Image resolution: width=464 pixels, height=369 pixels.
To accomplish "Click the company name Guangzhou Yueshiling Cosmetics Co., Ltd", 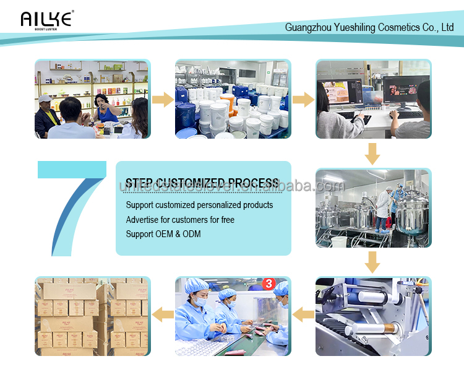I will (369, 27).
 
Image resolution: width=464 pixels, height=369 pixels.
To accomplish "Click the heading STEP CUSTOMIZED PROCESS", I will (202, 183).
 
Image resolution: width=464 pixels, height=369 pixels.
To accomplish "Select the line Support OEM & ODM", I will (163, 234).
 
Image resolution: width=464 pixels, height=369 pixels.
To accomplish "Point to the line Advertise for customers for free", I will (180, 220).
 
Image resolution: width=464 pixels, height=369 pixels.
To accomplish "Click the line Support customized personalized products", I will (199, 205).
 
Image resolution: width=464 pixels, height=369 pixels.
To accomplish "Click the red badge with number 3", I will (269, 284).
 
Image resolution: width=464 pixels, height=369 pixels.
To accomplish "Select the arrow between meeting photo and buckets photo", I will (162, 99).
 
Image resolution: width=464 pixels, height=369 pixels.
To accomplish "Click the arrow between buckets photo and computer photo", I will (303, 99).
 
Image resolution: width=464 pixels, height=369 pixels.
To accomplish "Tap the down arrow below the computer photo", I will (372, 153).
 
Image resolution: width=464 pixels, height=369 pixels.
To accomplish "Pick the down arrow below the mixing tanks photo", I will (372, 262).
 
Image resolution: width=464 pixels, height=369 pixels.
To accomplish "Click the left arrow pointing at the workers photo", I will (303, 316).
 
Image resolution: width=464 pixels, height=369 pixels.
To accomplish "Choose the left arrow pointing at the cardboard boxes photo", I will (162, 316).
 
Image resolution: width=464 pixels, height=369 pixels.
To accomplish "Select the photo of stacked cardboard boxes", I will (92, 316).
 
